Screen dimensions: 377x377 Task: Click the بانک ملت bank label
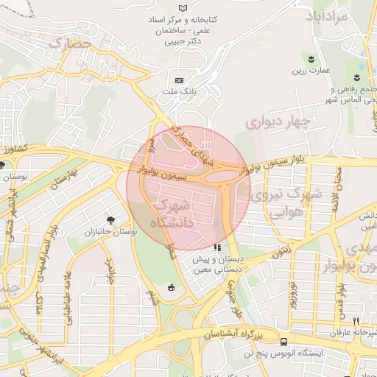point(178,93)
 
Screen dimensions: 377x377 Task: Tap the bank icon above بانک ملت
point(178,80)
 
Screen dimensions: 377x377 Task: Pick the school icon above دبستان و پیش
point(216,248)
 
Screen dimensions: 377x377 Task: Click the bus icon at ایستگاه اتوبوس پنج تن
point(284,341)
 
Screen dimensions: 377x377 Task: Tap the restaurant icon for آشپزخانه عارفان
point(356,321)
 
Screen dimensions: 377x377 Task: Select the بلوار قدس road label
point(341,291)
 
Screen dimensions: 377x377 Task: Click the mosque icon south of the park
point(172,287)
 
